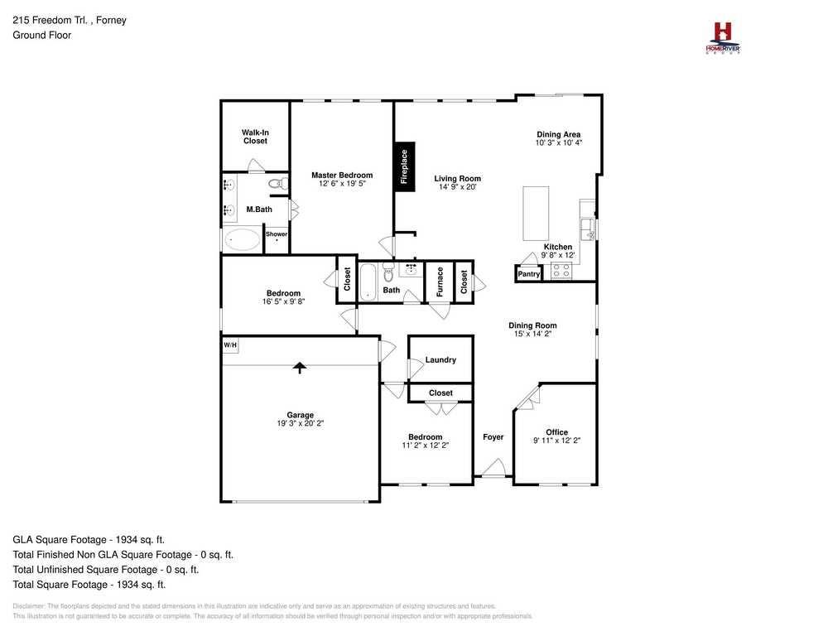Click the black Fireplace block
coord(404,166)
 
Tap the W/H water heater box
coord(229,345)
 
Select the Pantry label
coord(528,274)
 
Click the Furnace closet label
coord(440,282)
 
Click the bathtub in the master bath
coord(242,240)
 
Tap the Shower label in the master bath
coord(276,234)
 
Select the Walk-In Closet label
coord(255,137)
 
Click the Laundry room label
coord(440,360)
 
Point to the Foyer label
coord(493,437)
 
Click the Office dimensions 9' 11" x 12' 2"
coord(556,441)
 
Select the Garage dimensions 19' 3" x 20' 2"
coord(301,423)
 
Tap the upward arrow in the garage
coord(299,368)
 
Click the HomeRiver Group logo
coord(722,37)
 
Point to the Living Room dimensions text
coord(458,187)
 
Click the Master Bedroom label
coord(342,175)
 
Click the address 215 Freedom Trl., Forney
coord(70,20)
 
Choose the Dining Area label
coord(558,134)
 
